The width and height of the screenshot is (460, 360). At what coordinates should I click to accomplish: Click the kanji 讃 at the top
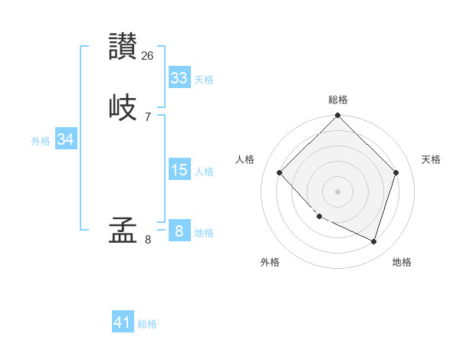[x=123, y=47]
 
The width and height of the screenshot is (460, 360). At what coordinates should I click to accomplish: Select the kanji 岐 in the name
[x=123, y=106]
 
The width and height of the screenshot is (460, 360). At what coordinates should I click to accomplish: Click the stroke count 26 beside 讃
[x=148, y=55]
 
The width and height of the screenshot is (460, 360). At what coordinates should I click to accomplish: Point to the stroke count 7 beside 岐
[x=147, y=116]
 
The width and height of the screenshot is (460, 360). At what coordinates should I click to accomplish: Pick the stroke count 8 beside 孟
[x=147, y=239]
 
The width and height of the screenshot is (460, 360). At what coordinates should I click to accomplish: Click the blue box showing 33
[x=179, y=78]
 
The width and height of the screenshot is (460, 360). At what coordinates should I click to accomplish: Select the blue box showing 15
[x=179, y=170]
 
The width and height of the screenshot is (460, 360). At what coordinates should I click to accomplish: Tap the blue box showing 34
[x=65, y=139]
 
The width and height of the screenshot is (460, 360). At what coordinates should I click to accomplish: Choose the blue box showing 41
[x=123, y=322]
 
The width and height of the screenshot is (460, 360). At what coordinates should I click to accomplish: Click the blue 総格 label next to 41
[x=147, y=324]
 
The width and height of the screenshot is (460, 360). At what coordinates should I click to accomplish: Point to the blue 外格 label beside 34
[x=41, y=141]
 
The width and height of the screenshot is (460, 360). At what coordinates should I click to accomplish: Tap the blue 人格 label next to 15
[x=204, y=172]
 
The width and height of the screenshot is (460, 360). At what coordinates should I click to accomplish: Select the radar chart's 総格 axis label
[x=338, y=100]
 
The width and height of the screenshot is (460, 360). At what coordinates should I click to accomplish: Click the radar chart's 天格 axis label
[x=431, y=159]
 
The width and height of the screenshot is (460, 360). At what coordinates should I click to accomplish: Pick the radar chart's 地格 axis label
[x=402, y=263]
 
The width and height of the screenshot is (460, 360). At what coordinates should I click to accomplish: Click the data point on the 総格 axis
[x=337, y=116]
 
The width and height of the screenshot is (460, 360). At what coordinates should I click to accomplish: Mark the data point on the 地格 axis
[x=373, y=241]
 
